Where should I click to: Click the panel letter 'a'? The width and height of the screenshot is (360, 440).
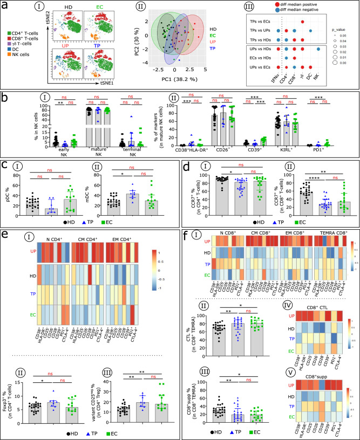pyautogui.click(x=5, y=5)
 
